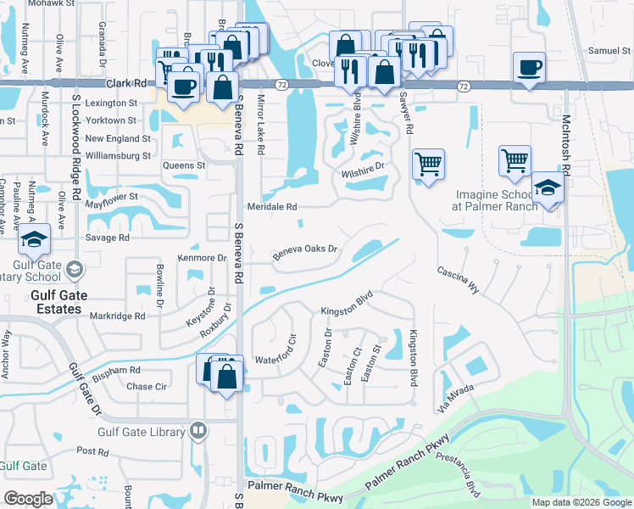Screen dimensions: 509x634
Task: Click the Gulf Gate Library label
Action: (x=141, y=432)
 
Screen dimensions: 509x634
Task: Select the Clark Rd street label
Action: (x=127, y=84)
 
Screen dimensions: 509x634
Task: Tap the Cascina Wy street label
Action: (x=459, y=279)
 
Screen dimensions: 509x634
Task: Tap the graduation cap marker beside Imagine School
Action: (x=548, y=189)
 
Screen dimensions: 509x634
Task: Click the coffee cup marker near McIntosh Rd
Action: (x=529, y=67)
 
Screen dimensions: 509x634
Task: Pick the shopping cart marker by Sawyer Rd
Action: (x=429, y=163)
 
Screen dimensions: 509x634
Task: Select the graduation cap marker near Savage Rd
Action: (x=35, y=242)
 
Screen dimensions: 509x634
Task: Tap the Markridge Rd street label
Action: (x=116, y=316)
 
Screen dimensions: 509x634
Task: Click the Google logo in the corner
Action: (x=27, y=499)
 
